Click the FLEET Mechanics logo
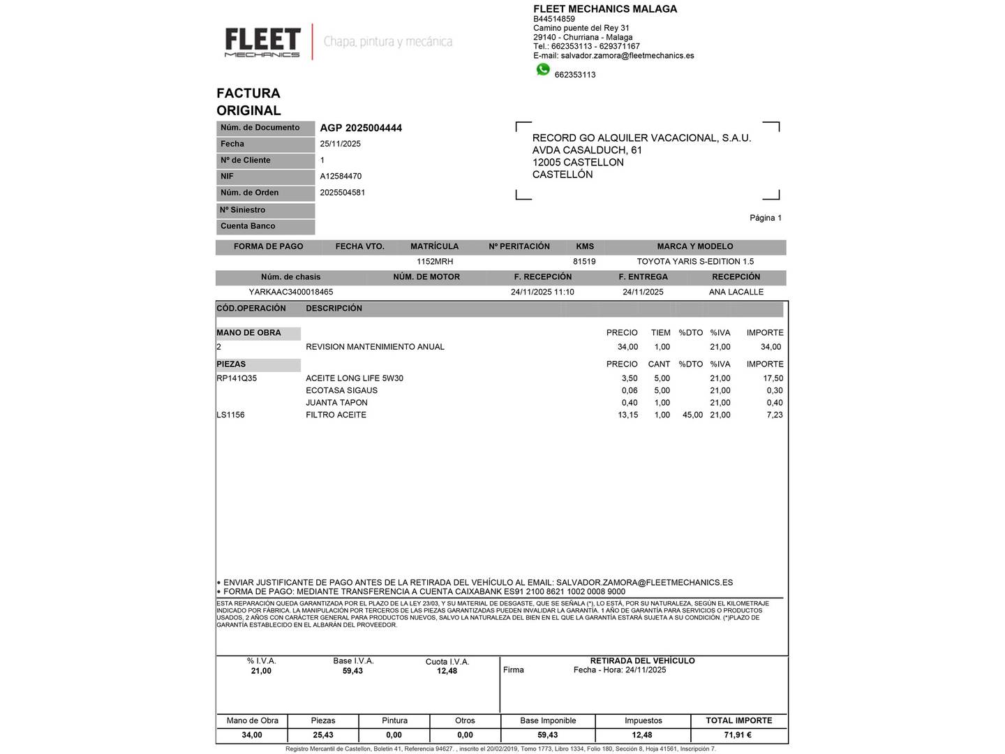click(262, 42)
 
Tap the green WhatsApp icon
click(543, 70)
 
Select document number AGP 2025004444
click(361, 128)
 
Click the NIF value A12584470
click(341, 177)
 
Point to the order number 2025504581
click(343, 193)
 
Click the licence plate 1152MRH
click(435, 262)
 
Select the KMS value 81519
click(584, 262)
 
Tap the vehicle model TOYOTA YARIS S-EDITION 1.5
click(695, 262)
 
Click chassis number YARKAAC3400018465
click(291, 293)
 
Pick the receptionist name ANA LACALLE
click(736, 293)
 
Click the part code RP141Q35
click(237, 378)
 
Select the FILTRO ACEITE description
click(336, 415)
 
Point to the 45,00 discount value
click(692, 415)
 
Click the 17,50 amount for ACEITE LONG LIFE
click(773, 378)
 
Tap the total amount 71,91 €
click(738, 735)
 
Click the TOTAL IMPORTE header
click(738, 720)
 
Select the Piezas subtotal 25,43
click(323, 735)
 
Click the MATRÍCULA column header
click(434, 246)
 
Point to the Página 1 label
click(766, 218)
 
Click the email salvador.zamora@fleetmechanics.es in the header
click(627, 56)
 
